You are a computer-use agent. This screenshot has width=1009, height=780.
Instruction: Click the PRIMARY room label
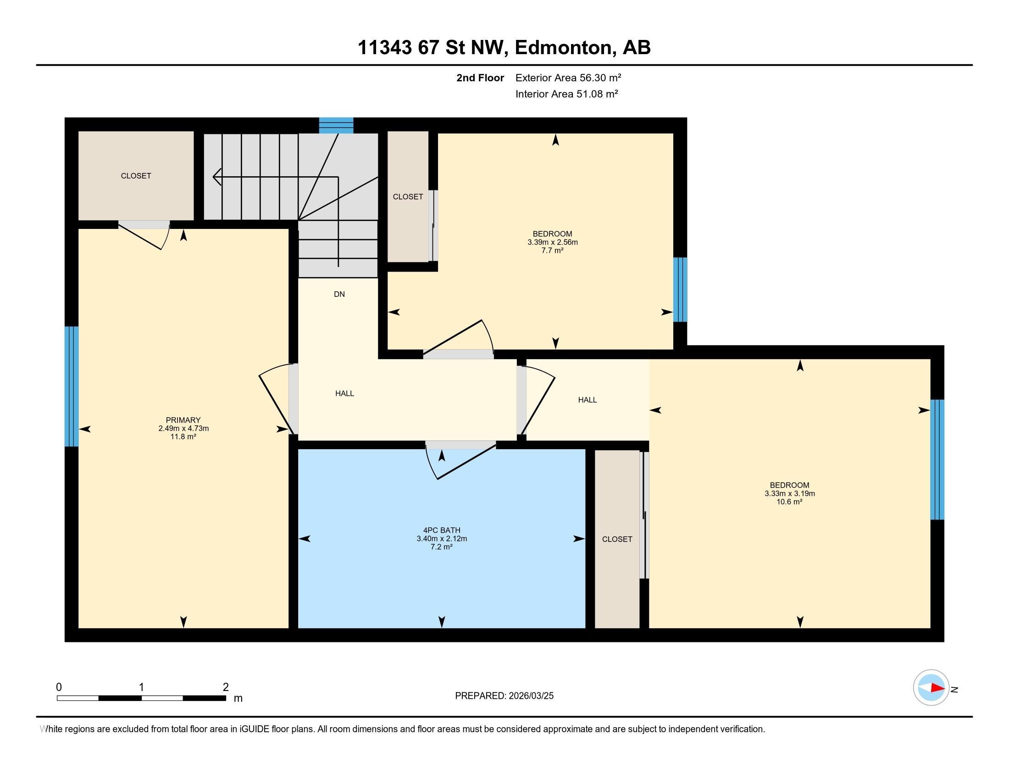coord(183,420)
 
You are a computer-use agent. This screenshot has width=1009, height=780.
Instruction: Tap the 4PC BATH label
coord(442,530)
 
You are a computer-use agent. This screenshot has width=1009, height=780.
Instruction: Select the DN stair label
coord(339,295)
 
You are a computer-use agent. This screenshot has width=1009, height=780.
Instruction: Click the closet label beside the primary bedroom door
coord(136,176)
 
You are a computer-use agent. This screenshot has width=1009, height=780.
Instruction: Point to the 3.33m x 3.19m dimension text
coord(789,494)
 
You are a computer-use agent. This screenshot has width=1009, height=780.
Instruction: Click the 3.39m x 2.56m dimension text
coord(552,242)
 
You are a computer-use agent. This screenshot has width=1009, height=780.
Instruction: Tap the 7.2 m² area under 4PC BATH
coord(441,547)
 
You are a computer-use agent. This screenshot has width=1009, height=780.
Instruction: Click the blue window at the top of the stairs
coord(336,126)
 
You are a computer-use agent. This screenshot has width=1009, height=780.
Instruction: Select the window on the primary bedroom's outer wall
coord(72,386)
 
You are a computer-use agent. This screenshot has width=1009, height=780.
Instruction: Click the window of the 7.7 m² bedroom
coord(680,289)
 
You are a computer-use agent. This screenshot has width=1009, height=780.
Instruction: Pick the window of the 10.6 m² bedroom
coord(937,459)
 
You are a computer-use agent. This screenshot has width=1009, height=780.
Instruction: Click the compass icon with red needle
coord(931,687)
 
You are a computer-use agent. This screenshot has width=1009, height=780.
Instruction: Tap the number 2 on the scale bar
coord(226,687)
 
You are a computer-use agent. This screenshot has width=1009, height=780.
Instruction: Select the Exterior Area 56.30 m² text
coord(568,78)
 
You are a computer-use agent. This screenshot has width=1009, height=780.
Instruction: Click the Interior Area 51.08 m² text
coord(566,94)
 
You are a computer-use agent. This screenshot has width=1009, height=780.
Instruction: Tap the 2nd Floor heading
coord(480,78)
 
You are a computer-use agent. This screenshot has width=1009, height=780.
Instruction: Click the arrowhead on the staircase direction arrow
coord(216,177)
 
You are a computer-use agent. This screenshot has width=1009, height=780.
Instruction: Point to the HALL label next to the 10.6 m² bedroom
coord(587,400)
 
